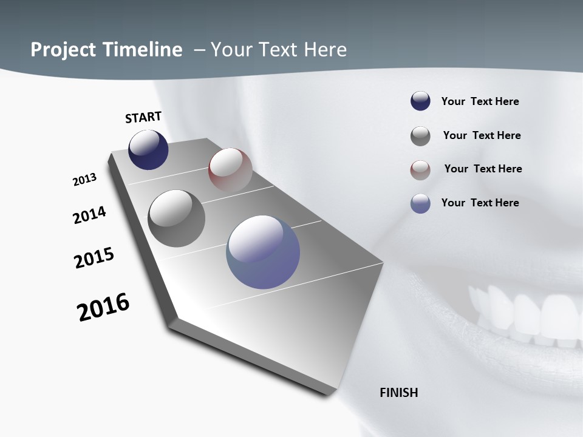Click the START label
click(x=143, y=117)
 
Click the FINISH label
click(x=399, y=393)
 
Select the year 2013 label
click(x=84, y=180)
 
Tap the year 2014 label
click(x=89, y=215)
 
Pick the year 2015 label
click(x=94, y=258)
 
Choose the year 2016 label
click(x=103, y=307)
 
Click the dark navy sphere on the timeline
click(x=148, y=150)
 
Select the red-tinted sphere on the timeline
click(x=230, y=170)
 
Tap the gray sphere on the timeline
click(x=176, y=218)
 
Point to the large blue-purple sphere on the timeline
click(x=263, y=252)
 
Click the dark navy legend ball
click(x=420, y=101)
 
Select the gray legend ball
click(x=420, y=136)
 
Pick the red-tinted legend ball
click(x=420, y=170)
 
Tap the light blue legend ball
click(x=420, y=203)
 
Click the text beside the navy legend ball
click(x=480, y=102)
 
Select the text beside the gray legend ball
click(x=482, y=135)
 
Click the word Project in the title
click(x=63, y=50)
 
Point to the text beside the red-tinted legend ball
click(x=483, y=169)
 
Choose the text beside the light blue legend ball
click(x=480, y=203)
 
